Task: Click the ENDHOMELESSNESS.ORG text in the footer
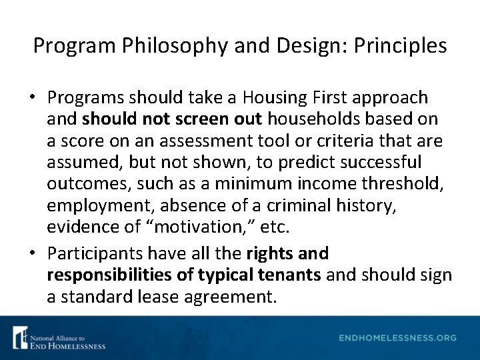(397, 338)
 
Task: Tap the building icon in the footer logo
(20, 337)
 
